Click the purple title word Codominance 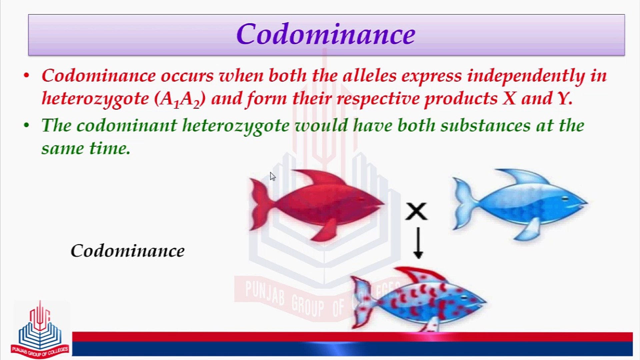point(326,34)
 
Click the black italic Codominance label point(127,251)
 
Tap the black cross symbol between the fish point(416,211)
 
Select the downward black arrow point(418,243)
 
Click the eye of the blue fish point(565,199)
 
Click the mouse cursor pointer point(273,177)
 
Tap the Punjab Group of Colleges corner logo point(40,330)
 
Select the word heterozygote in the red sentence point(95,99)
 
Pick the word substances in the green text point(485,126)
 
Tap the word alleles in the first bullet point(369,76)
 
